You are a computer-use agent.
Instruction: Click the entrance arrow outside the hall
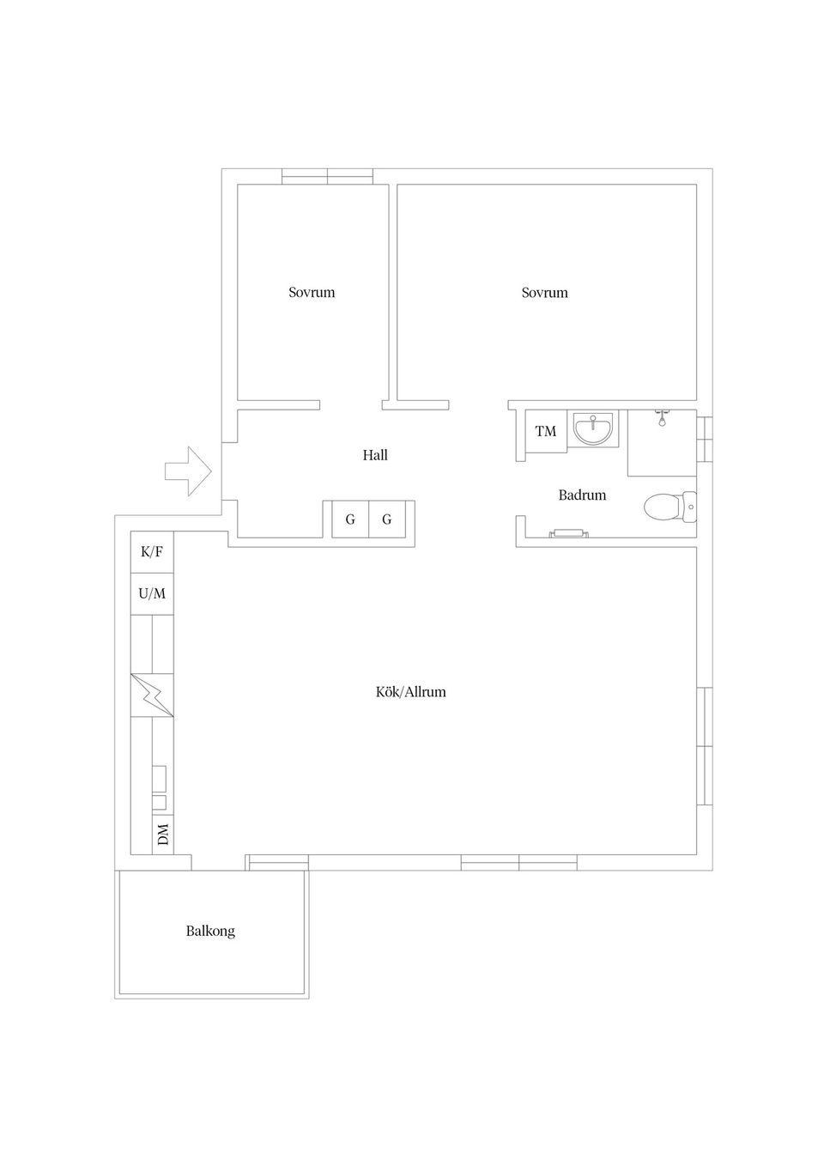pyautogui.click(x=188, y=471)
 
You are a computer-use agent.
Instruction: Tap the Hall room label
pyautogui.click(x=375, y=455)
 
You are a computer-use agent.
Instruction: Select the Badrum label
pyautogui.click(x=582, y=495)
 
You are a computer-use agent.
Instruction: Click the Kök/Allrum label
pyautogui.click(x=411, y=692)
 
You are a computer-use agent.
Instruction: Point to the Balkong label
pyautogui.click(x=210, y=931)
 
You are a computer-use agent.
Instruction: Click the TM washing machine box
pyautogui.click(x=546, y=431)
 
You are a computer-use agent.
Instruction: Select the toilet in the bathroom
pyautogui.click(x=670, y=506)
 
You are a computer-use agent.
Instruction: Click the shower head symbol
pyautogui.click(x=662, y=418)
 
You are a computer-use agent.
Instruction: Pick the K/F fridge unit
pyautogui.click(x=152, y=552)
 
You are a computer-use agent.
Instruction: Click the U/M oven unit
pyautogui.click(x=152, y=593)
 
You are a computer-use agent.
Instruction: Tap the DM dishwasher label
pyautogui.click(x=163, y=834)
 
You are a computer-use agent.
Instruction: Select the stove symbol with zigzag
pyautogui.click(x=152, y=695)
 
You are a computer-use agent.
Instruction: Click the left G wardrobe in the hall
pyautogui.click(x=350, y=519)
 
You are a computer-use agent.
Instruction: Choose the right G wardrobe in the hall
pyautogui.click(x=386, y=519)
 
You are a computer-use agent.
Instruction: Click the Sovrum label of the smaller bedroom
pyautogui.click(x=312, y=292)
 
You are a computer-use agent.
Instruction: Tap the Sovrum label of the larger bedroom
pyautogui.click(x=545, y=293)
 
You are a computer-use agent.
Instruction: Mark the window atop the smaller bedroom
pyautogui.click(x=328, y=177)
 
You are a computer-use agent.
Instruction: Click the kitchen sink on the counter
pyautogui.click(x=159, y=788)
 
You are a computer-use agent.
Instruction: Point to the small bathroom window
pyautogui.click(x=705, y=438)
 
